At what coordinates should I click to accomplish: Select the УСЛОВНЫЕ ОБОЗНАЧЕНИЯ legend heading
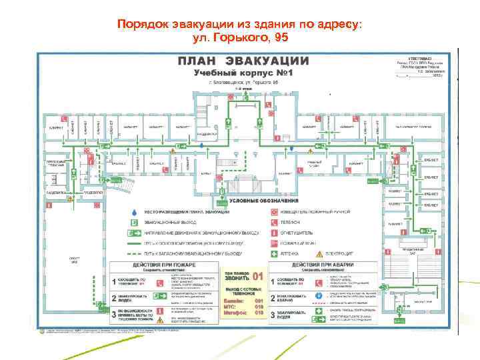click(x=263, y=201)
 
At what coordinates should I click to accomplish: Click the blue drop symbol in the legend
click(x=134, y=213)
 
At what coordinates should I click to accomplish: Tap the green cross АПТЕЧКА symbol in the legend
click(x=273, y=254)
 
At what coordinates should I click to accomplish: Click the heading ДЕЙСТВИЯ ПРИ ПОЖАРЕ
click(x=162, y=265)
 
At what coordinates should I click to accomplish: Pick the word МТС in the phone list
click(x=229, y=306)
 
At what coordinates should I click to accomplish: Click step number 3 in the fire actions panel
click(x=113, y=313)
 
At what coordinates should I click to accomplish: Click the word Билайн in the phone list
click(x=233, y=300)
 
